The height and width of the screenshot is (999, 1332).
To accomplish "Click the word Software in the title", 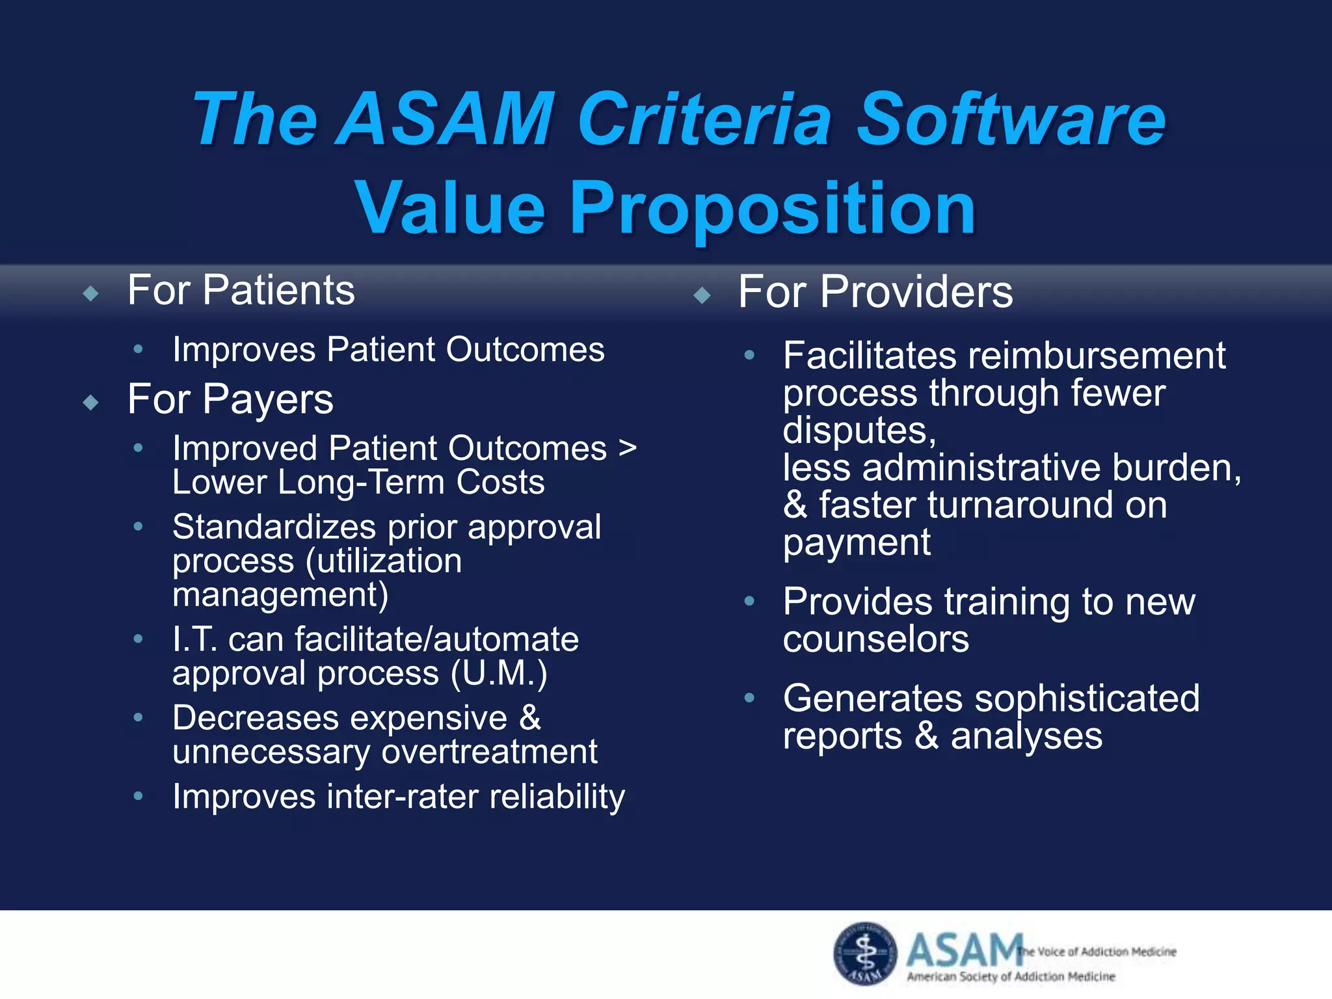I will pyautogui.click(x=1011, y=120).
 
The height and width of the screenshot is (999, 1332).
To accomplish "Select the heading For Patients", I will pyautogui.click(x=241, y=290).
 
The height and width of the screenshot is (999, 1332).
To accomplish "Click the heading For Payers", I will pyautogui.click(x=230, y=399).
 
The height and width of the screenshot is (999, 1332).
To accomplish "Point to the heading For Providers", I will pyautogui.click(x=875, y=292).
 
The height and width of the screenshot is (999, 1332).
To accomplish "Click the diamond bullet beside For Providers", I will pyautogui.click(x=702, y=296).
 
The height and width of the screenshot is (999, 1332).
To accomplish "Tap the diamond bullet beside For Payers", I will pyautogui.click(x=91, y=403).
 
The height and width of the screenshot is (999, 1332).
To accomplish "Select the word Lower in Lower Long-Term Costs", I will pyautogui.click(x=220, y=483).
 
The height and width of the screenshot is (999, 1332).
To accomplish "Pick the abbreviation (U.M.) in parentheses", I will pyautogui.click(x=499, y=673).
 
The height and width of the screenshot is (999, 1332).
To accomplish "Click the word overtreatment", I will pyautogui.click(x=489, y=753).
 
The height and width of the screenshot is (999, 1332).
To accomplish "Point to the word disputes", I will pyautogui.click(x=859, y=431).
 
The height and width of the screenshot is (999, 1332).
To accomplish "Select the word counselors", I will pyautogui.click(x=875, y=639).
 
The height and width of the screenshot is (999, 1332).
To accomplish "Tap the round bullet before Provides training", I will pyautogui.click(x=749, y=601).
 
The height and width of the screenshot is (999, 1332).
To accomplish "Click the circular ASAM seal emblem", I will pyautogui.click(x=865, y=953).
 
